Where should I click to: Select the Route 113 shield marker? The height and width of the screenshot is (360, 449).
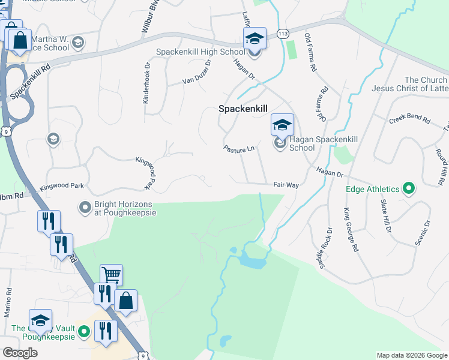pyautogui.click(x=282, y=35)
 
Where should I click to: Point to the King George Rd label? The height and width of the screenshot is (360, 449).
pyautogui.click(x=351, y=229)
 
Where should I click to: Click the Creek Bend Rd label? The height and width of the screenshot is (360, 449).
pyautogui.click(x=410, y=119)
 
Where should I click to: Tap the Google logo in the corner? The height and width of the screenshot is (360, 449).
pyautogui.click(x=20, y=353)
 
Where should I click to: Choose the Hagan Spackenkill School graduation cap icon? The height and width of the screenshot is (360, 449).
pyautogui.click(x=282, y=125)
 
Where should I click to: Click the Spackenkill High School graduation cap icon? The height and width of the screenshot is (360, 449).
pyautogui.click(x=255, y=40)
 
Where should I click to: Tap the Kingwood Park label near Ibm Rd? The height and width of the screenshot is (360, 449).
pyautogui.click(x=62, y=187)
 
